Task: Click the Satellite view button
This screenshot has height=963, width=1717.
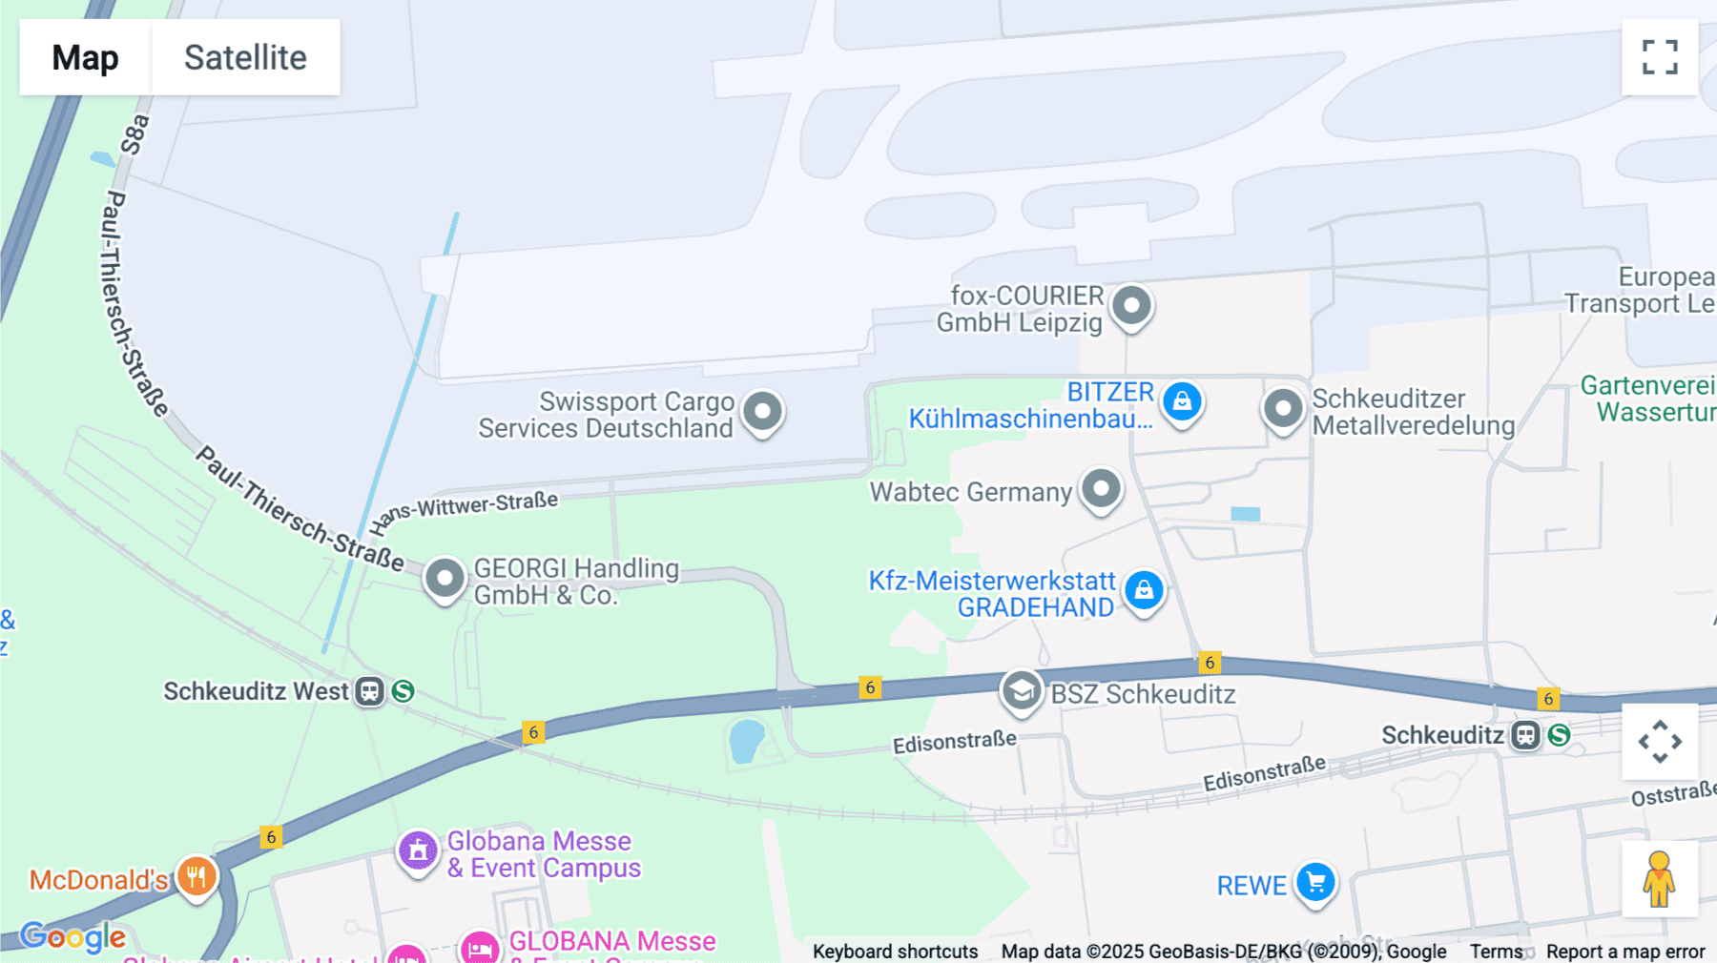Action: (245, 57)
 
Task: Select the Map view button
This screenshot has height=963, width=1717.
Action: (85, 57)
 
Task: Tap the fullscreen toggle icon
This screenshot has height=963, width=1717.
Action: (1660, 57)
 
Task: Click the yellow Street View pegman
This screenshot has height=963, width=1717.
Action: (1659, 879)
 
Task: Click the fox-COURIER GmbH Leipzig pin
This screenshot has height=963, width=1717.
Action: (1132, 306)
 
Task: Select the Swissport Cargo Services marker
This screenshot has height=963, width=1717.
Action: (763, 412)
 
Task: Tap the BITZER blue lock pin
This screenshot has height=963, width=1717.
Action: (1182, 401)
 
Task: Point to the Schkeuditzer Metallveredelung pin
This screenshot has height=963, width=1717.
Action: (1283, 409)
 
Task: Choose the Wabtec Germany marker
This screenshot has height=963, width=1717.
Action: (1102, 489)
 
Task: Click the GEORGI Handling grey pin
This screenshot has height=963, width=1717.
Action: (445, 578)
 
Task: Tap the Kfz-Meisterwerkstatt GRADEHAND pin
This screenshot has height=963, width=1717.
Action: (1144, 590)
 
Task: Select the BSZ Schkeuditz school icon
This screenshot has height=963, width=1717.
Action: (1022, 690)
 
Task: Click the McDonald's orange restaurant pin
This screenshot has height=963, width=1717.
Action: (197, 876)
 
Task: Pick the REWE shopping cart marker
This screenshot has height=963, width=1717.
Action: (1316, 883)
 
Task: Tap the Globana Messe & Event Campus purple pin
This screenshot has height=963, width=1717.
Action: (418, 850)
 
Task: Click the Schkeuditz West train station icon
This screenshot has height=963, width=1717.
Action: (369, 691)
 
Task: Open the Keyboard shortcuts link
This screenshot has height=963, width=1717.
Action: (895, 951)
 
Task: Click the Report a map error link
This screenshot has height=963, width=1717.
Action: (1625, 951)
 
